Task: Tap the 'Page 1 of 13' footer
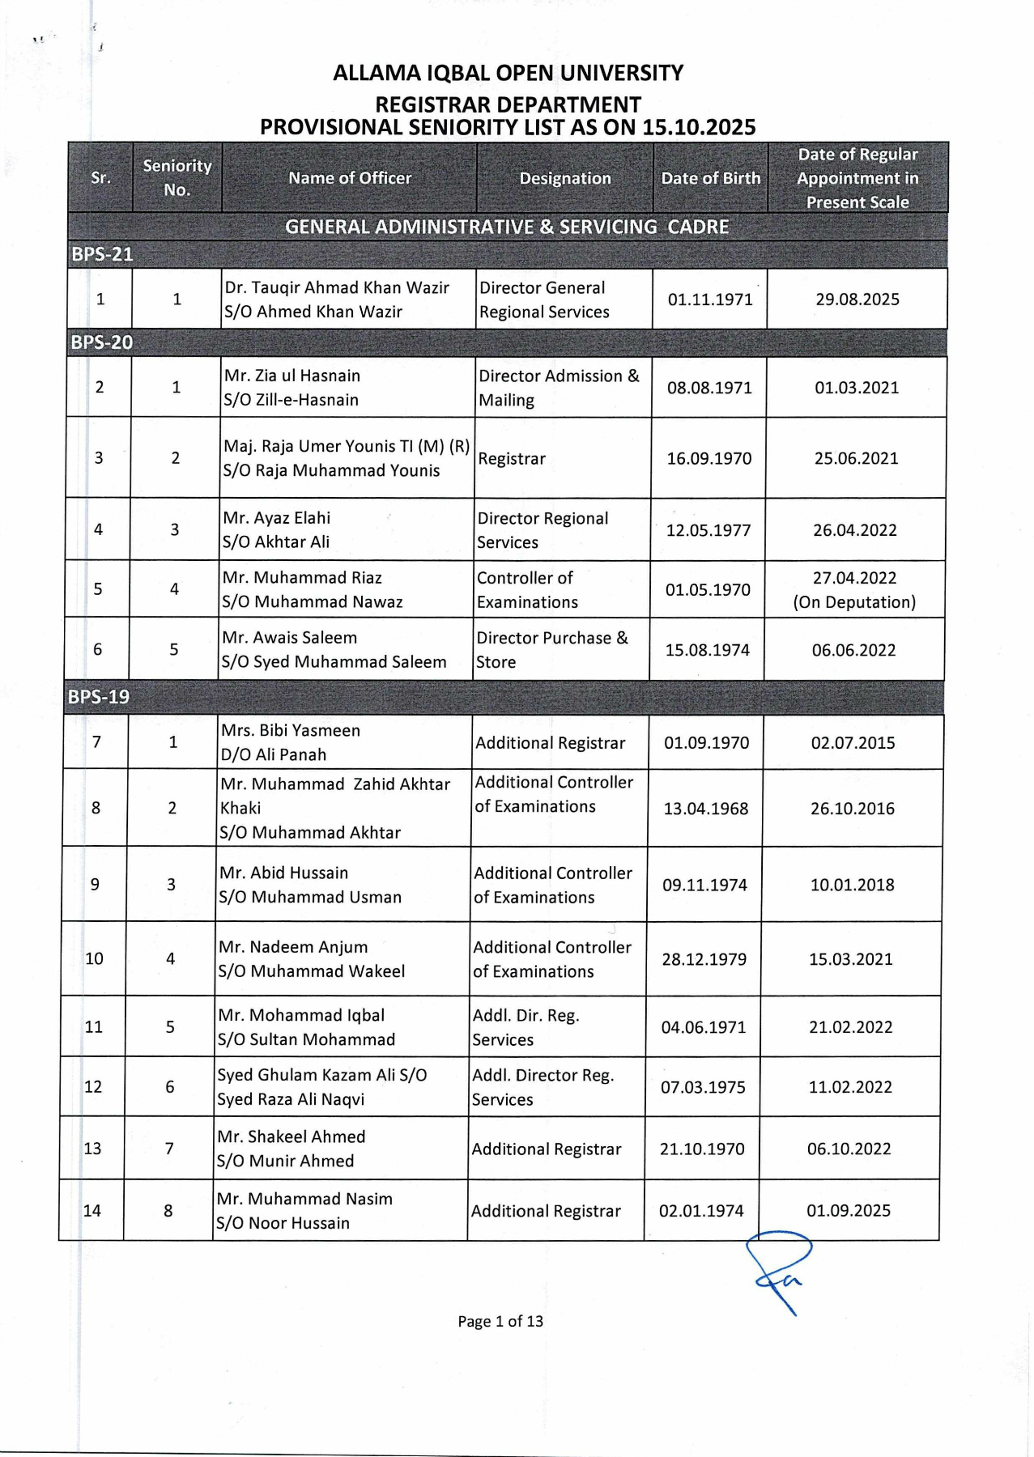click(500, 1322)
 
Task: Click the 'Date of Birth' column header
click(710, 178)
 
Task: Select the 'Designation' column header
click(565, 178)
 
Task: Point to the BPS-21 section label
click(102, 254)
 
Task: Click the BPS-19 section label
click(99, 697)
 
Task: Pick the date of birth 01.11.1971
click(710, 299)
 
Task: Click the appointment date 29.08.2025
click(857, 299)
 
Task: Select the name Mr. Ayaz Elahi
click(277, 518)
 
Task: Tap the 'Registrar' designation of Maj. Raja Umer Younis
click(512, 459)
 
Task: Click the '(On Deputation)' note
click(854, 602)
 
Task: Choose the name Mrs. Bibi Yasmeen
click(291, 730)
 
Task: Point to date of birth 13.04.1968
click(706, 809)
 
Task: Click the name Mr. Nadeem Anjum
click(293, 947)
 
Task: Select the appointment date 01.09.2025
click(848, 1211)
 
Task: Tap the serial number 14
click(92, 1211)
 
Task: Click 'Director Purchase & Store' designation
click(551, 650)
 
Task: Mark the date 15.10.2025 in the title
click(699, 128)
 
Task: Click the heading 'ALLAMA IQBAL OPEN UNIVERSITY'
click(508, 74)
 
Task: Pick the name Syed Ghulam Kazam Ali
click(321, 1075)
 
